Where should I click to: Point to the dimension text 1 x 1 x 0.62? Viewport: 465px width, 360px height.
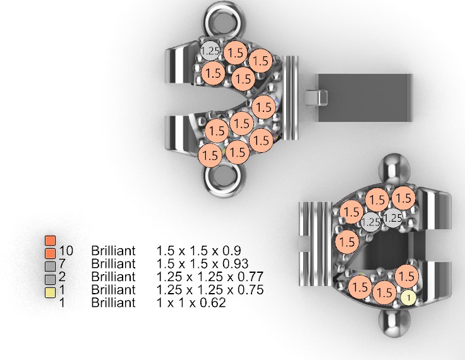click(x=191, y=303)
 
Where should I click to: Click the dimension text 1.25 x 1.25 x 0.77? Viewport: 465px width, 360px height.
click(x=210, y=277)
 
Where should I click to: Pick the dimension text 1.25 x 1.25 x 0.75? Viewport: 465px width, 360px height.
click(x=210, y=290)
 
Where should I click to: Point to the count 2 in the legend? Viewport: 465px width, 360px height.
click(x=61, y=277)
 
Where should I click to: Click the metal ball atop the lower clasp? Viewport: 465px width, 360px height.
click(x=391, y=166)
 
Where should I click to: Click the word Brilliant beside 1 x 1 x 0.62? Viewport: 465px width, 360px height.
click(x=113, y=303)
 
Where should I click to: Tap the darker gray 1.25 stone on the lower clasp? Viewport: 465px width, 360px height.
click(x=371, y=222)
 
